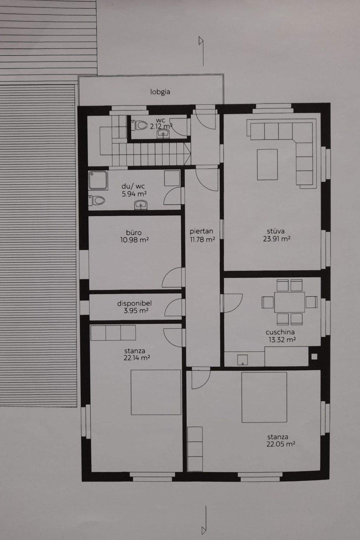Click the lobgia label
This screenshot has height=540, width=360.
coord(160,92)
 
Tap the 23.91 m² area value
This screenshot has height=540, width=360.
coord(277,239)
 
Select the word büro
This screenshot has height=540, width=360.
coord(134,233)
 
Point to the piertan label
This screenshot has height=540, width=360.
coord(201,231)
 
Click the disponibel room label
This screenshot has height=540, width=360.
coord(134,303)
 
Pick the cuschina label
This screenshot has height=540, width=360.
coord(280,332)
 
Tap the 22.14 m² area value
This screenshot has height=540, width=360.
coord(137,358)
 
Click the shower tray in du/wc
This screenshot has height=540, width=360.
coord(98,180)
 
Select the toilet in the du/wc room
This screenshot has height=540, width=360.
coord(97,200)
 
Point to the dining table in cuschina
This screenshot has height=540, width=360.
coord(290,302)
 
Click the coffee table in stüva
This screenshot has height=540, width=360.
coord(267,165)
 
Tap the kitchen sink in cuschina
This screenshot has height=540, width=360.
coord(242,360)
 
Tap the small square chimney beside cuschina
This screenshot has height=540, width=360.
coord(314,356)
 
